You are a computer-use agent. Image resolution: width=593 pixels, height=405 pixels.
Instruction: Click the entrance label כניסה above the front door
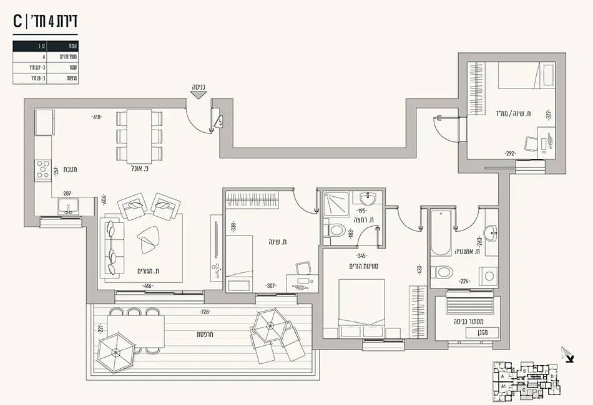(199, 88)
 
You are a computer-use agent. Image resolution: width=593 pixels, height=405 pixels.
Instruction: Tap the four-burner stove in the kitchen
(43, 169)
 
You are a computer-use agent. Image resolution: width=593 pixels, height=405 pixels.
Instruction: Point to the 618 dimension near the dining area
(97, 117)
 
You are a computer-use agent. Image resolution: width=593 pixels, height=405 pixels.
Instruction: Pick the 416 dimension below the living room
(147, 286)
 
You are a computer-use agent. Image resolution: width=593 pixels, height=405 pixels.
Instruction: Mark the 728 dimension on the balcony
(205, 312)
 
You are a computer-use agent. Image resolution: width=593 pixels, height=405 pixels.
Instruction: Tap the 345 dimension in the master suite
(361, 255)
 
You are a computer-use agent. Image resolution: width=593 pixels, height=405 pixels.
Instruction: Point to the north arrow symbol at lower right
(567, 354)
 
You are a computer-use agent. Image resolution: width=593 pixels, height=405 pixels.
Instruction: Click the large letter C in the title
(19, 21)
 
